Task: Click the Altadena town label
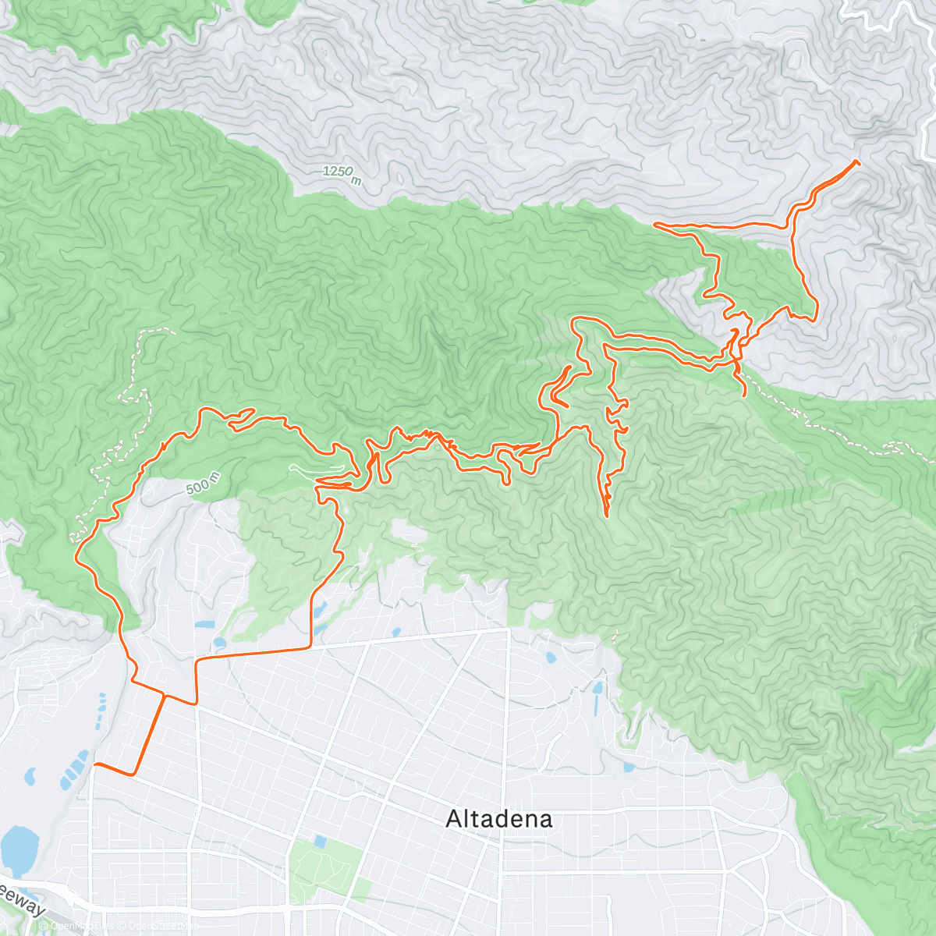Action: [x=499, y=819]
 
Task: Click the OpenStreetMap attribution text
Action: [x=117, y=927]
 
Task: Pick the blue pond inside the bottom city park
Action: [x=320, y=842]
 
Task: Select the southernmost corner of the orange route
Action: [x=134, y=774]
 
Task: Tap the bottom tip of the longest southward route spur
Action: [x=607, y=515]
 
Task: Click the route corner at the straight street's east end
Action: [x=312, y=647]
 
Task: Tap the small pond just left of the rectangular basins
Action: [x=31, y=776]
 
